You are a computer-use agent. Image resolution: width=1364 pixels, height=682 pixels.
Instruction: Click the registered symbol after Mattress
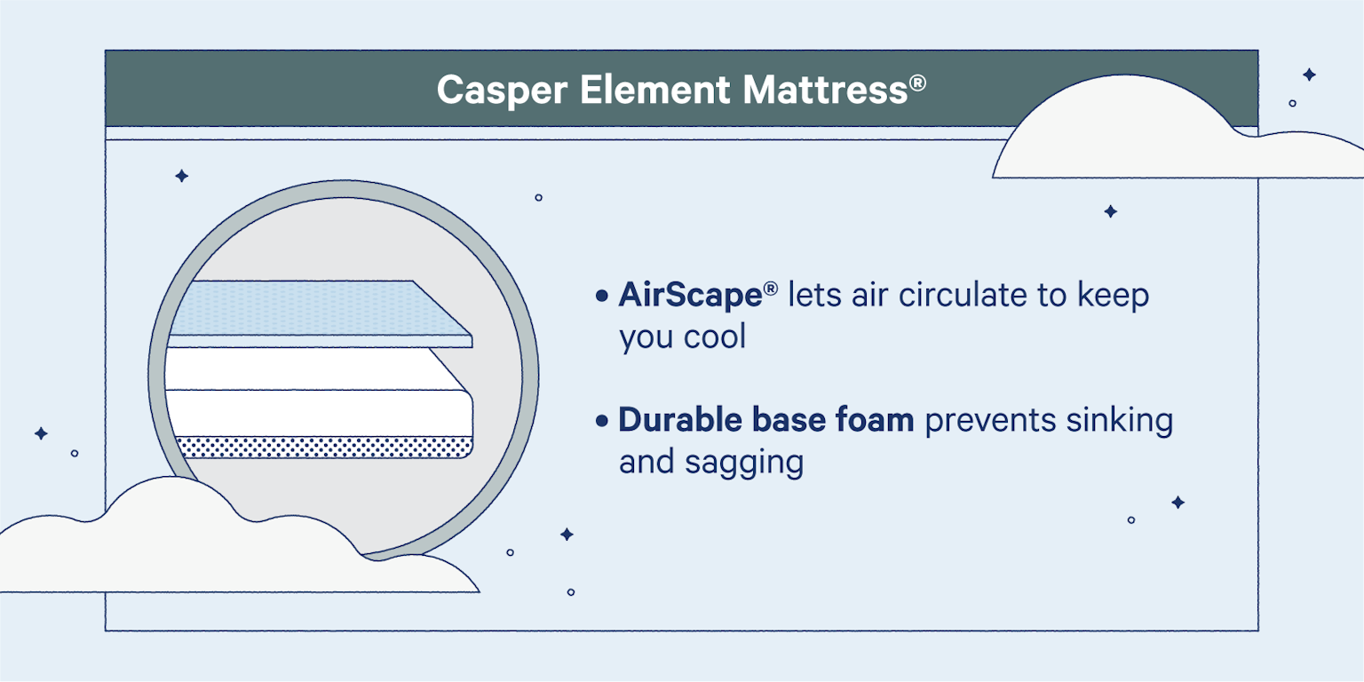(x=918, y=83)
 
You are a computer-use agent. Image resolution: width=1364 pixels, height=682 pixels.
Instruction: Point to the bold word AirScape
(x=690, y=296)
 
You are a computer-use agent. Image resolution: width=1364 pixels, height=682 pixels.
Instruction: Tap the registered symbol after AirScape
(x=771, y=288)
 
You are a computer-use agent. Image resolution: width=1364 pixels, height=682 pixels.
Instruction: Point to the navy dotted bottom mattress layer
(x=320, y=448)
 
